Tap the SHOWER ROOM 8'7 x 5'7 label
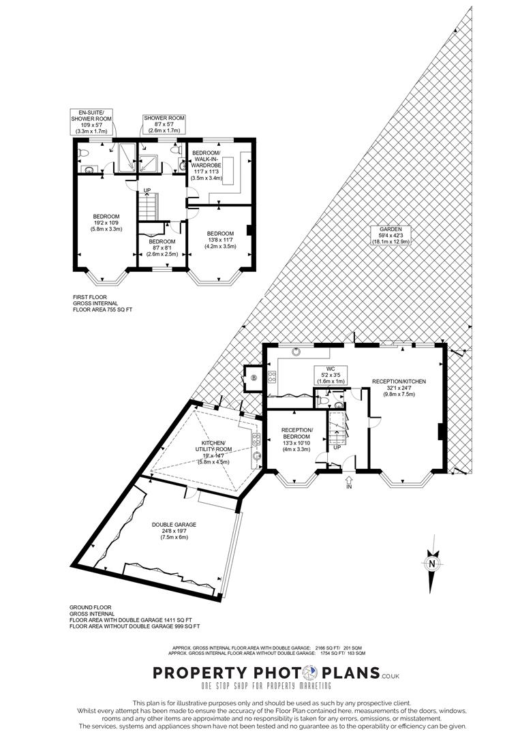[164, 123]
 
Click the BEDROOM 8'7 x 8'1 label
[162, 247]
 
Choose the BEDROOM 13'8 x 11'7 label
[221, 239]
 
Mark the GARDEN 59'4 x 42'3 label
[388, 235]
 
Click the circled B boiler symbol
[254, 378]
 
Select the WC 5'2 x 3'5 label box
[330, 375]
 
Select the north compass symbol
[431, 564]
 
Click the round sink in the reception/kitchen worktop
[296, 352]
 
